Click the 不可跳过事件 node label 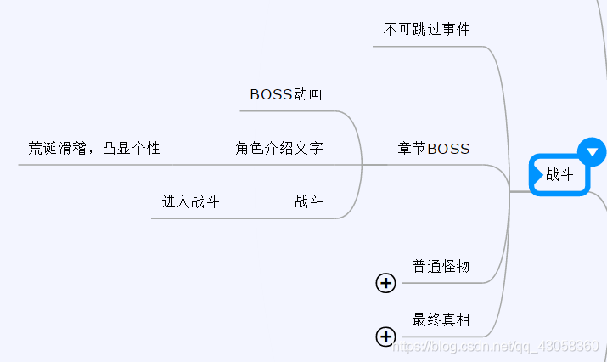(426, 30)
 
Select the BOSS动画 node (286, 94)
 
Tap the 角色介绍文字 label (279, 149)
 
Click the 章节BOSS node (434, 149)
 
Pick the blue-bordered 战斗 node (559, 175)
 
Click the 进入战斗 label (191, 202)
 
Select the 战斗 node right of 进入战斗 (309, 202)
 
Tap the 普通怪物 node (441, 267)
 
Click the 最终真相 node (441, 320)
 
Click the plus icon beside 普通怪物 (385, 283)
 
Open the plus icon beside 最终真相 (385, 337)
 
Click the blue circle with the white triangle (592, 152)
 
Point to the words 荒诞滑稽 (57, 149)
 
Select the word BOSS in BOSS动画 (271, 94)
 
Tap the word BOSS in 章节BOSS (448, 149)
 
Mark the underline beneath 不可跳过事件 (429, 46)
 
